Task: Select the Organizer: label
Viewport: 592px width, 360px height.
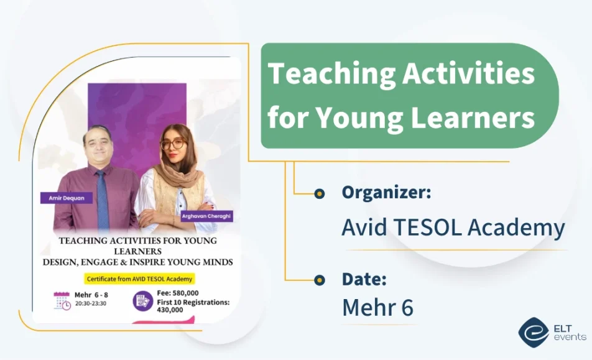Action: [386, 193]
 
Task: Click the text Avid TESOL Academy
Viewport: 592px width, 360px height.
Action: [453, 228]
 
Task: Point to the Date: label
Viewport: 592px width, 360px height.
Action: [364, 279]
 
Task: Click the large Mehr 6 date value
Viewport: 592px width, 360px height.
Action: [377, 307]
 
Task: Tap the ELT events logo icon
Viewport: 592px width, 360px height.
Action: [533, 332]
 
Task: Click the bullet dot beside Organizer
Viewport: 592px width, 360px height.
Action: [319, 193]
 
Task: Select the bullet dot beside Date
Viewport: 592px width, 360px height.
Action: [319, 280]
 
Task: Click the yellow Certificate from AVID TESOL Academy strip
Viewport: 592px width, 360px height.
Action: [140, 279]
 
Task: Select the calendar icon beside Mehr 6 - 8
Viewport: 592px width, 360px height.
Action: [62, 300]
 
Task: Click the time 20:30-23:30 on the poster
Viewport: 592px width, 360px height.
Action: [91, 303]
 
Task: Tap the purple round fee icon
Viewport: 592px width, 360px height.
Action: [142, 301]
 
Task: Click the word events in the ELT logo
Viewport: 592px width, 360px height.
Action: [568, 337]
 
